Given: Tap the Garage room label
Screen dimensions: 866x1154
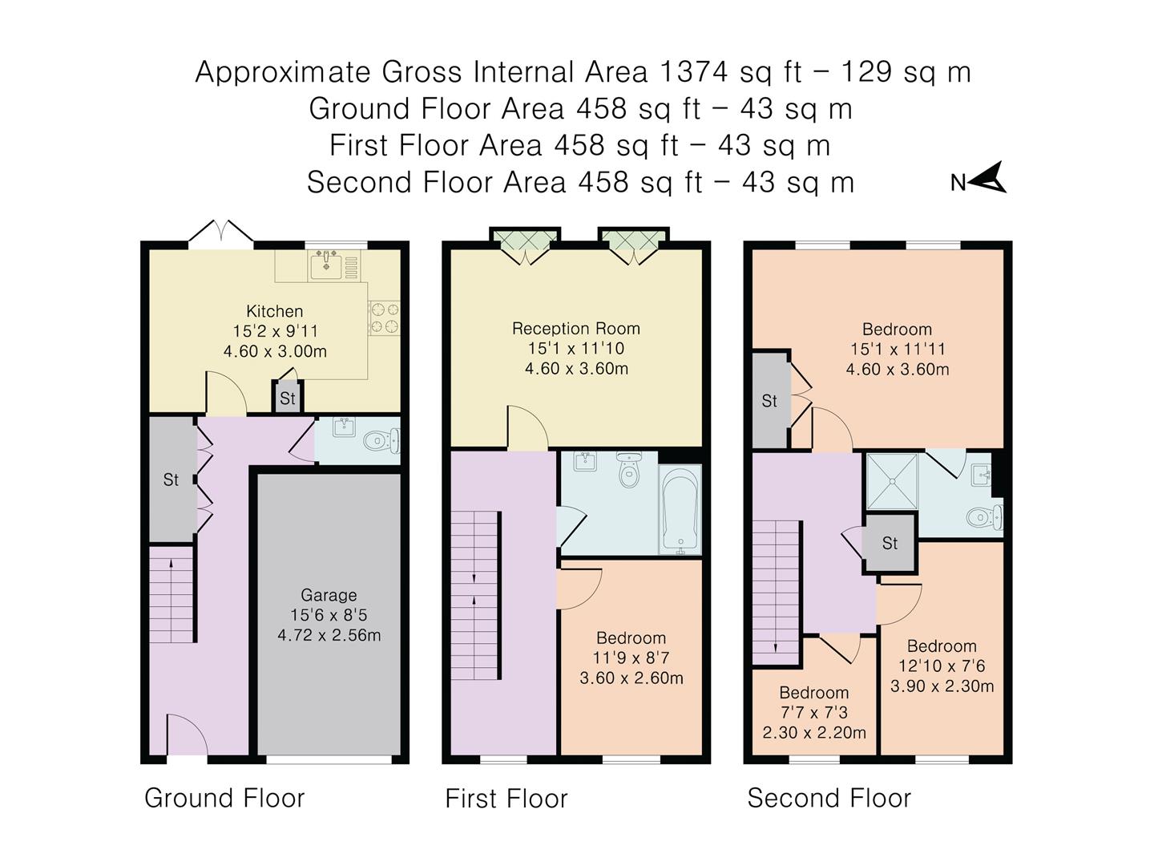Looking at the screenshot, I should click(x=329, y=595).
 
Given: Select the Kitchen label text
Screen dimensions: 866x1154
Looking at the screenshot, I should click(x=274, y=311).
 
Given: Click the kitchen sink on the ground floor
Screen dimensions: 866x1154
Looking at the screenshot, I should click(x=325, y=264).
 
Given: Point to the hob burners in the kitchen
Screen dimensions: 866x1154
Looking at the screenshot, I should click(x=384, y=317).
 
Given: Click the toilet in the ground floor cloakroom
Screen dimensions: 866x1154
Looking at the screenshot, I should click(x=378, y=440).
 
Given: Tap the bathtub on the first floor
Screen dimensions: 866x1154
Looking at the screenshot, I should click(x=680, y=509).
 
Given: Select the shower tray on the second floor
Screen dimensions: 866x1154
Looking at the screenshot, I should click(x=892, y=481).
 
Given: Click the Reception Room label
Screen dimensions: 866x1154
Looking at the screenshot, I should click(x=575, y=328).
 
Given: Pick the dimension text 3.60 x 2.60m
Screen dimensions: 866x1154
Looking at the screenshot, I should click(x=631, y=678).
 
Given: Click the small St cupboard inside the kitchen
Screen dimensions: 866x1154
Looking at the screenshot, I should click(x=287, y=399).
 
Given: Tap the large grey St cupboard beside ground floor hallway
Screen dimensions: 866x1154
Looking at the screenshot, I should click(x=171, y=480).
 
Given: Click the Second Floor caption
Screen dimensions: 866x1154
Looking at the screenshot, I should click(x=829, y=798).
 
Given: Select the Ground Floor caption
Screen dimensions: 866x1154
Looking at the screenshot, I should click(x=224, y=798).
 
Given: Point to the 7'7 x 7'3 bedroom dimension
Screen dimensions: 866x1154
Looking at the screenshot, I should click(x=813, y=713).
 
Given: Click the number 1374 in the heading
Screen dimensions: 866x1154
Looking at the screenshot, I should click(x=694, y=72).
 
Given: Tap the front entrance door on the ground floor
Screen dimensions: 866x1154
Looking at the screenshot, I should click(x=187, y=736).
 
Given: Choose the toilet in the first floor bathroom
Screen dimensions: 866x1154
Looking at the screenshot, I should click(x=629, y=472).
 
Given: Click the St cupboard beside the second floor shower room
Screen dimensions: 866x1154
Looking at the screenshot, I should click(x=890, y=544).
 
